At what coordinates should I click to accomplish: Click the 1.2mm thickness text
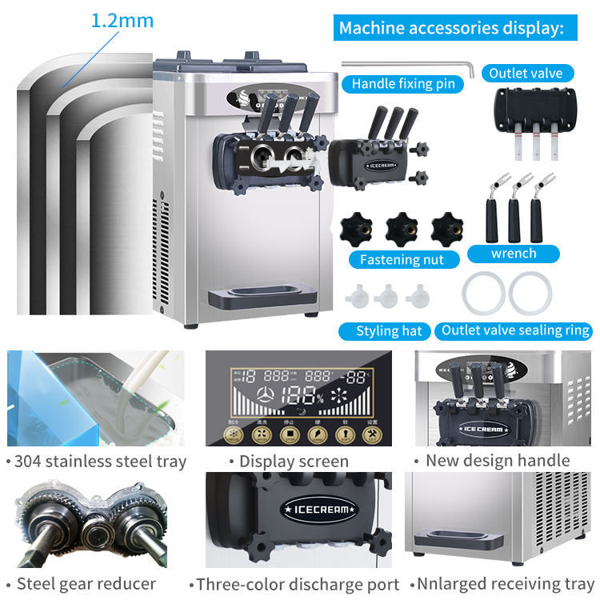pyautogui.click(x=122, y=20)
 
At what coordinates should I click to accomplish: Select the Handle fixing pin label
pyautogui.click(x=402, y=83)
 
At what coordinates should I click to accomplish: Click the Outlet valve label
pyautogui.click(x=526, y=73)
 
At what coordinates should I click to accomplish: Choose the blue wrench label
pyautogui.click(x=513, y=254)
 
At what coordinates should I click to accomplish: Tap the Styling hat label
pyautogui.click(x=389, y=330)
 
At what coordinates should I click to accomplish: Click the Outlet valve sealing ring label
pyautogui.click(x=516, y=330)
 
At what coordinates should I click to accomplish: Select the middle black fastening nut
pyautogui.click(x=402, y=230)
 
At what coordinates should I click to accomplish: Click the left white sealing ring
pyautogui.click(x=483, y=292)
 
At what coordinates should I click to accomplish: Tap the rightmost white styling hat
pyautogui.click(x=417, y=298)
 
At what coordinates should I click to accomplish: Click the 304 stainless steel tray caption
pyautogui.click(x=96, y=461)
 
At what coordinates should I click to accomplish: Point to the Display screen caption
pyautogui.click(x=289, y=461)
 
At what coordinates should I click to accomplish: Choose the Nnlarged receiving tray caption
pyautogui.click(x=501, y=584)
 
